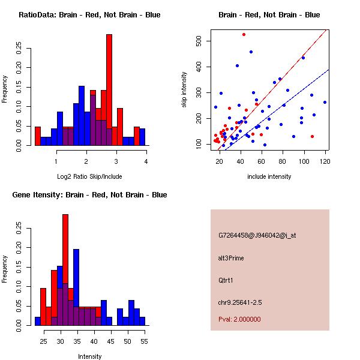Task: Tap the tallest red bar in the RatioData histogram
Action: pos(109,90)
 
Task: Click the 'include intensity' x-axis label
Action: pos(269,176)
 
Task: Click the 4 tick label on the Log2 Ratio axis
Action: pos(146,161)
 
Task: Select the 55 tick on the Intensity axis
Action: pos(144,341)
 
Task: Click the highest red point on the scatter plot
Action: pos(244,34)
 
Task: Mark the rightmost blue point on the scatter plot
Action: pos(325,102)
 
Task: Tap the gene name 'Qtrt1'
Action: pos(225,280)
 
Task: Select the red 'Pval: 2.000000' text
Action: pos(239,319)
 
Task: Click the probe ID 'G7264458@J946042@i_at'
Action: pos(257,235)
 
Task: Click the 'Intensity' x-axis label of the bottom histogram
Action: pos(89,356)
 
